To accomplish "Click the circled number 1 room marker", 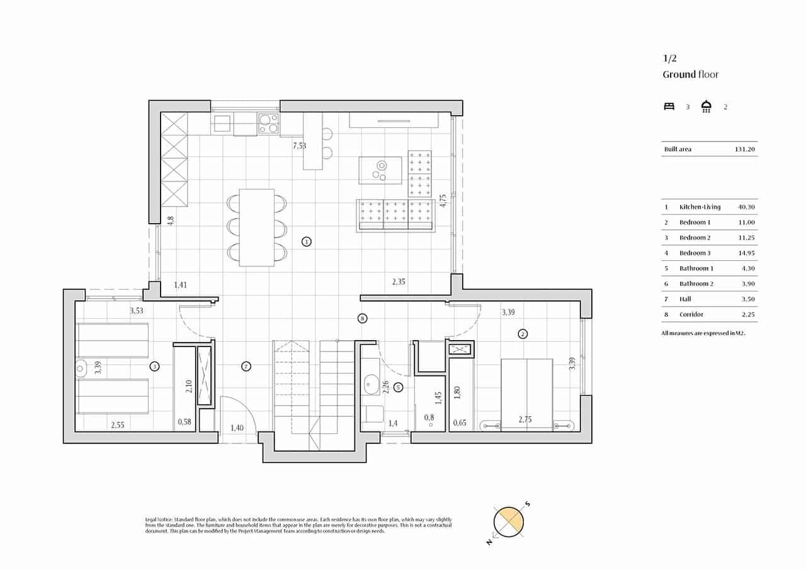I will (306, 241).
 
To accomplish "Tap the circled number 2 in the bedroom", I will (522, 334).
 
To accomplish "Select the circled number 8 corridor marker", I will (361, 319).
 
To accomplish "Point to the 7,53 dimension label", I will (300, 146).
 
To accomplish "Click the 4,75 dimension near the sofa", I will (443, 201).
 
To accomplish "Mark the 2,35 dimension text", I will (399, 282).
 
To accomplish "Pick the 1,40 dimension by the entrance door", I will (237, 428).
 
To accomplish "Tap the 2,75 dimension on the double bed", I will (526, 419).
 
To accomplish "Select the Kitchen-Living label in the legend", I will (700, 207).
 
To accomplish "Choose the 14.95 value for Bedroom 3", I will (746, 253).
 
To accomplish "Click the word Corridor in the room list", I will (691, 314).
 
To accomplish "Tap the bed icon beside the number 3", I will (669, 106).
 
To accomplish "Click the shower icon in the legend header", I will (707, 106).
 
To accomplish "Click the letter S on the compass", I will (528, 503).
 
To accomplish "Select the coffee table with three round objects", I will (380, 170).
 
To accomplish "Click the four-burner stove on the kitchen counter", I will (269, 123).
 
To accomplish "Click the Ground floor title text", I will (690, 74).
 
